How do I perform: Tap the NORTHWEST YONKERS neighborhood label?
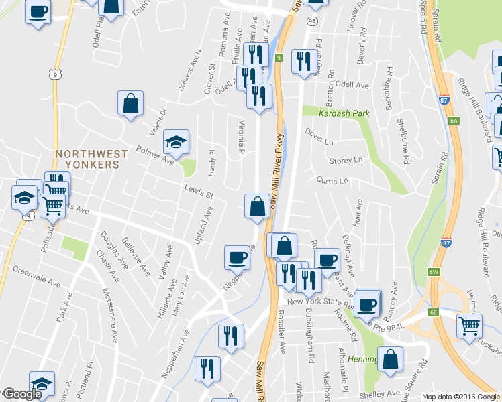tap(91, 159)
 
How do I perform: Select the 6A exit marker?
tap(454, 121)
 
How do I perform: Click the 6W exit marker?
tap(434, 272)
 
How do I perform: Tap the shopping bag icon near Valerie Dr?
tap(130, 105)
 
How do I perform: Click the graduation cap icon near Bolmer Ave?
tap(176, 141)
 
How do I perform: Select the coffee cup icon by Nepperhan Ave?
tap(237, 257)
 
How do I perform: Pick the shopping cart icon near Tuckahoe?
tap(469, 326)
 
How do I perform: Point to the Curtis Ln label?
tap(334, 181)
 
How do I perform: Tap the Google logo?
tap(21, 393)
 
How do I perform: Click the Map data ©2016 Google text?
tap(460, 397)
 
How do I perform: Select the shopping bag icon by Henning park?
tap(391, 359)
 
